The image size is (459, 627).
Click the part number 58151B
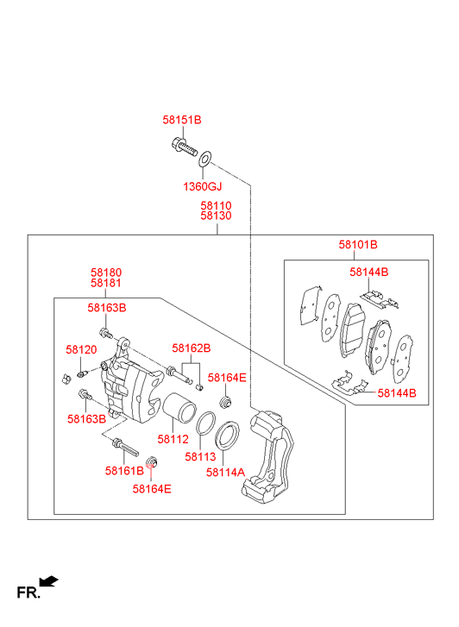182,120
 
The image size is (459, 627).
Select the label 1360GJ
202,186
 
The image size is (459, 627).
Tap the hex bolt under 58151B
184,147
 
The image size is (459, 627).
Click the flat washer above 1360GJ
204,159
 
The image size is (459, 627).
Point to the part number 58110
216,205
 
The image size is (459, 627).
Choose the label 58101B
358,244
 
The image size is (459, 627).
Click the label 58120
81,349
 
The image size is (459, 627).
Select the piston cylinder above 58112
179,408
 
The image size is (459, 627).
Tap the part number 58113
200,456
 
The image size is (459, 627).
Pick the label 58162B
192,348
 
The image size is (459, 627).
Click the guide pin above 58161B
125,447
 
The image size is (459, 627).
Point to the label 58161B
124,471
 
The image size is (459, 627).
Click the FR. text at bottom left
28,593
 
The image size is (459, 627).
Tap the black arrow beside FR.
48,581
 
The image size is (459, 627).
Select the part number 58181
106,283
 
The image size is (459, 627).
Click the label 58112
173,439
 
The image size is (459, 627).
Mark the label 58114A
225,473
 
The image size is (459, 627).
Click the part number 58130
216,216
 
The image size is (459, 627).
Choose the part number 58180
106,273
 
